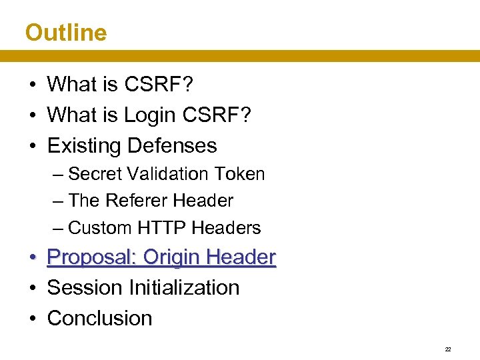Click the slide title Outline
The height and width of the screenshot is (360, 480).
point(66,32)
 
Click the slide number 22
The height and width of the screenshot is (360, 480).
point(448,349)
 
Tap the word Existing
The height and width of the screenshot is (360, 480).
point(84,145)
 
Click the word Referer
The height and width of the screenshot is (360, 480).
point(136,201)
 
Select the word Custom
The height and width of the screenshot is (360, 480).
point(101,228)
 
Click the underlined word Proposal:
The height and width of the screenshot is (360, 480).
point(93,257)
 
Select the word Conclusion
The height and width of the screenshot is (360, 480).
point(100,318)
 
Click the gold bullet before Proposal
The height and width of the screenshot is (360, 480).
point(31,257)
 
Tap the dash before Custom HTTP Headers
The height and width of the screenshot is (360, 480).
point(58,228)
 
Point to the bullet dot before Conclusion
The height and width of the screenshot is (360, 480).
point(31,319)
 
